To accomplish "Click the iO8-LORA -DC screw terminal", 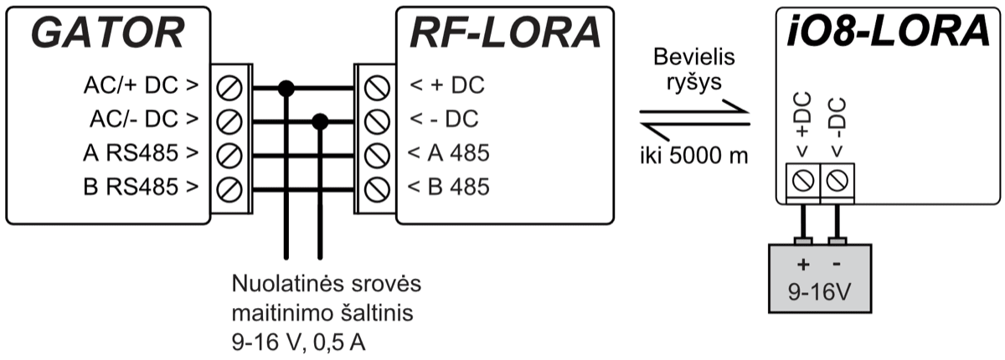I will click(x=839, y=178).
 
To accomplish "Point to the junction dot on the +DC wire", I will click(x=286, y=86).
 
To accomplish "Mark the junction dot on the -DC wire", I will click(x=319, y=121).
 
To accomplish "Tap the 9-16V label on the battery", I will click(x=822, y=295).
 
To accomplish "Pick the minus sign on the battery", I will click(x=838, y=265).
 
